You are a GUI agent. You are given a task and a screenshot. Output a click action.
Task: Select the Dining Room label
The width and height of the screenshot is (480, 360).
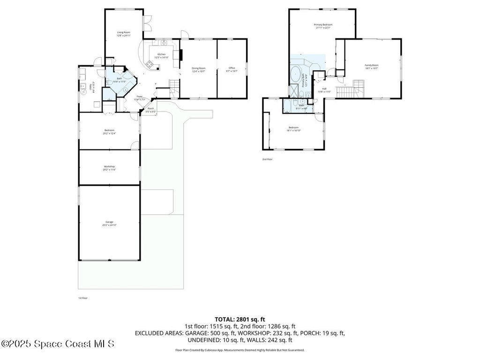(x=199, y=69)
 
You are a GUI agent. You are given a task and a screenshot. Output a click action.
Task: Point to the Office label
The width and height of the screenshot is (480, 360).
(x=232, y=69)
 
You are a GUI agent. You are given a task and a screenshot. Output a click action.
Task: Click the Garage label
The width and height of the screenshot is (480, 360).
(x=109, y=224)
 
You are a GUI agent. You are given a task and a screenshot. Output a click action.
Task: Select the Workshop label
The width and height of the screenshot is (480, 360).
(x=109, y=168)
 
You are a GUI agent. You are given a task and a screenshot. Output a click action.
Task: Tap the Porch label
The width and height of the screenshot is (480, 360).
(x=150, y=110)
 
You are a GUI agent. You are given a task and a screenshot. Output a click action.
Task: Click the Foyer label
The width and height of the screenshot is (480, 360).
(x=140, y=98)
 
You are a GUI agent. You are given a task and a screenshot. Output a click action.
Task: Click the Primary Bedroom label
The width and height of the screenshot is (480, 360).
(x=323, y=26)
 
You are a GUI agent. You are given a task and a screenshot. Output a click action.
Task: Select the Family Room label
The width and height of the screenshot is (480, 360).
(x=372, y=67)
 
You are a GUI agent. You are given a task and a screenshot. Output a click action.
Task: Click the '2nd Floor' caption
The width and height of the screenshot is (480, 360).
(x=267, y=159)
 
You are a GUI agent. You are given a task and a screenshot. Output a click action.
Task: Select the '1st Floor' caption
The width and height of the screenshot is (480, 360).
(x=83, y=298)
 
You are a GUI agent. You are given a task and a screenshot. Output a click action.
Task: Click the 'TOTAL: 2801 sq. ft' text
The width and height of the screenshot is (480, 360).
(x=240, y=319)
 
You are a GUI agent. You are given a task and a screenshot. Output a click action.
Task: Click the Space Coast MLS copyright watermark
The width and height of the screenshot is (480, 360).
(x=58, y=344)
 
